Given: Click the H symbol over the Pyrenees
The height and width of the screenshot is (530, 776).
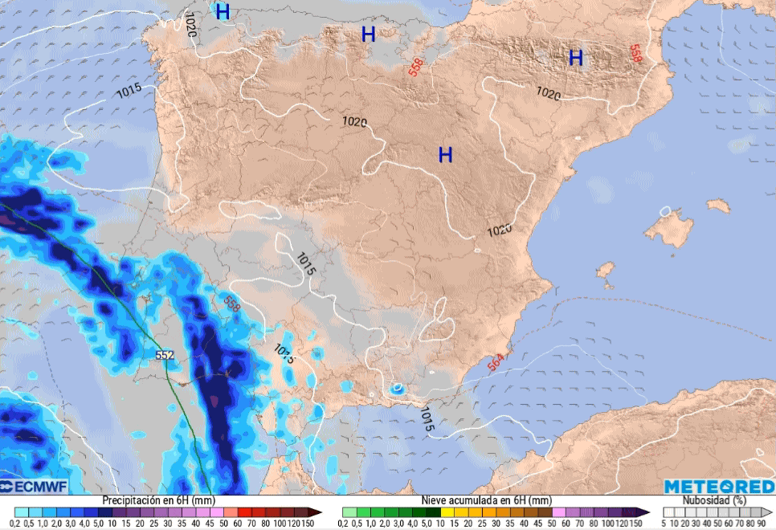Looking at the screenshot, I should pyautogui.click(x=575, y=58).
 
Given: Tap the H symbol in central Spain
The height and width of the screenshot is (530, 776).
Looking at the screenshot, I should pyautogui.click(x=445, y=156).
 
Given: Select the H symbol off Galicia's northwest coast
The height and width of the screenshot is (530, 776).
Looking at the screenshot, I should pyautogui.click(x=223, y=12).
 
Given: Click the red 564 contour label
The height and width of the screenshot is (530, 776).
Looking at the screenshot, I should pyautogui.click(x=496, y=363).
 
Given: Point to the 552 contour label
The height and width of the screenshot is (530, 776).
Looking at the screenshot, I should pyautogui.click(x=165, y=355).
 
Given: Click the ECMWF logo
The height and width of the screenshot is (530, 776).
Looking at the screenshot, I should pyautogui.click(x=34, y=487).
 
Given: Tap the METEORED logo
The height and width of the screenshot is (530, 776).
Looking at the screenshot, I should pyautogui.click(x=718, y=487).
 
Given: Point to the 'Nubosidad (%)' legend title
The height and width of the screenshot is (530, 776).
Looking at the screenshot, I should pyautogui.click(x=706, y=500).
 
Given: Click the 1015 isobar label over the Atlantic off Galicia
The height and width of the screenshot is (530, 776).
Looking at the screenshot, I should pyautogui.click(x=129, y=92).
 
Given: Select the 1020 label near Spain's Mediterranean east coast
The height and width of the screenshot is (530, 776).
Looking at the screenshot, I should pyautogui.click(x=499, y=230).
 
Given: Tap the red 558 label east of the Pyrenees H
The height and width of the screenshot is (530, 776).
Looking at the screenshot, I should pyautogui.click(x=635, y=54).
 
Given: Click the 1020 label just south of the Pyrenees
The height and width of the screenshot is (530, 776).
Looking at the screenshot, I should pyautogui.click(x=548, y=94).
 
